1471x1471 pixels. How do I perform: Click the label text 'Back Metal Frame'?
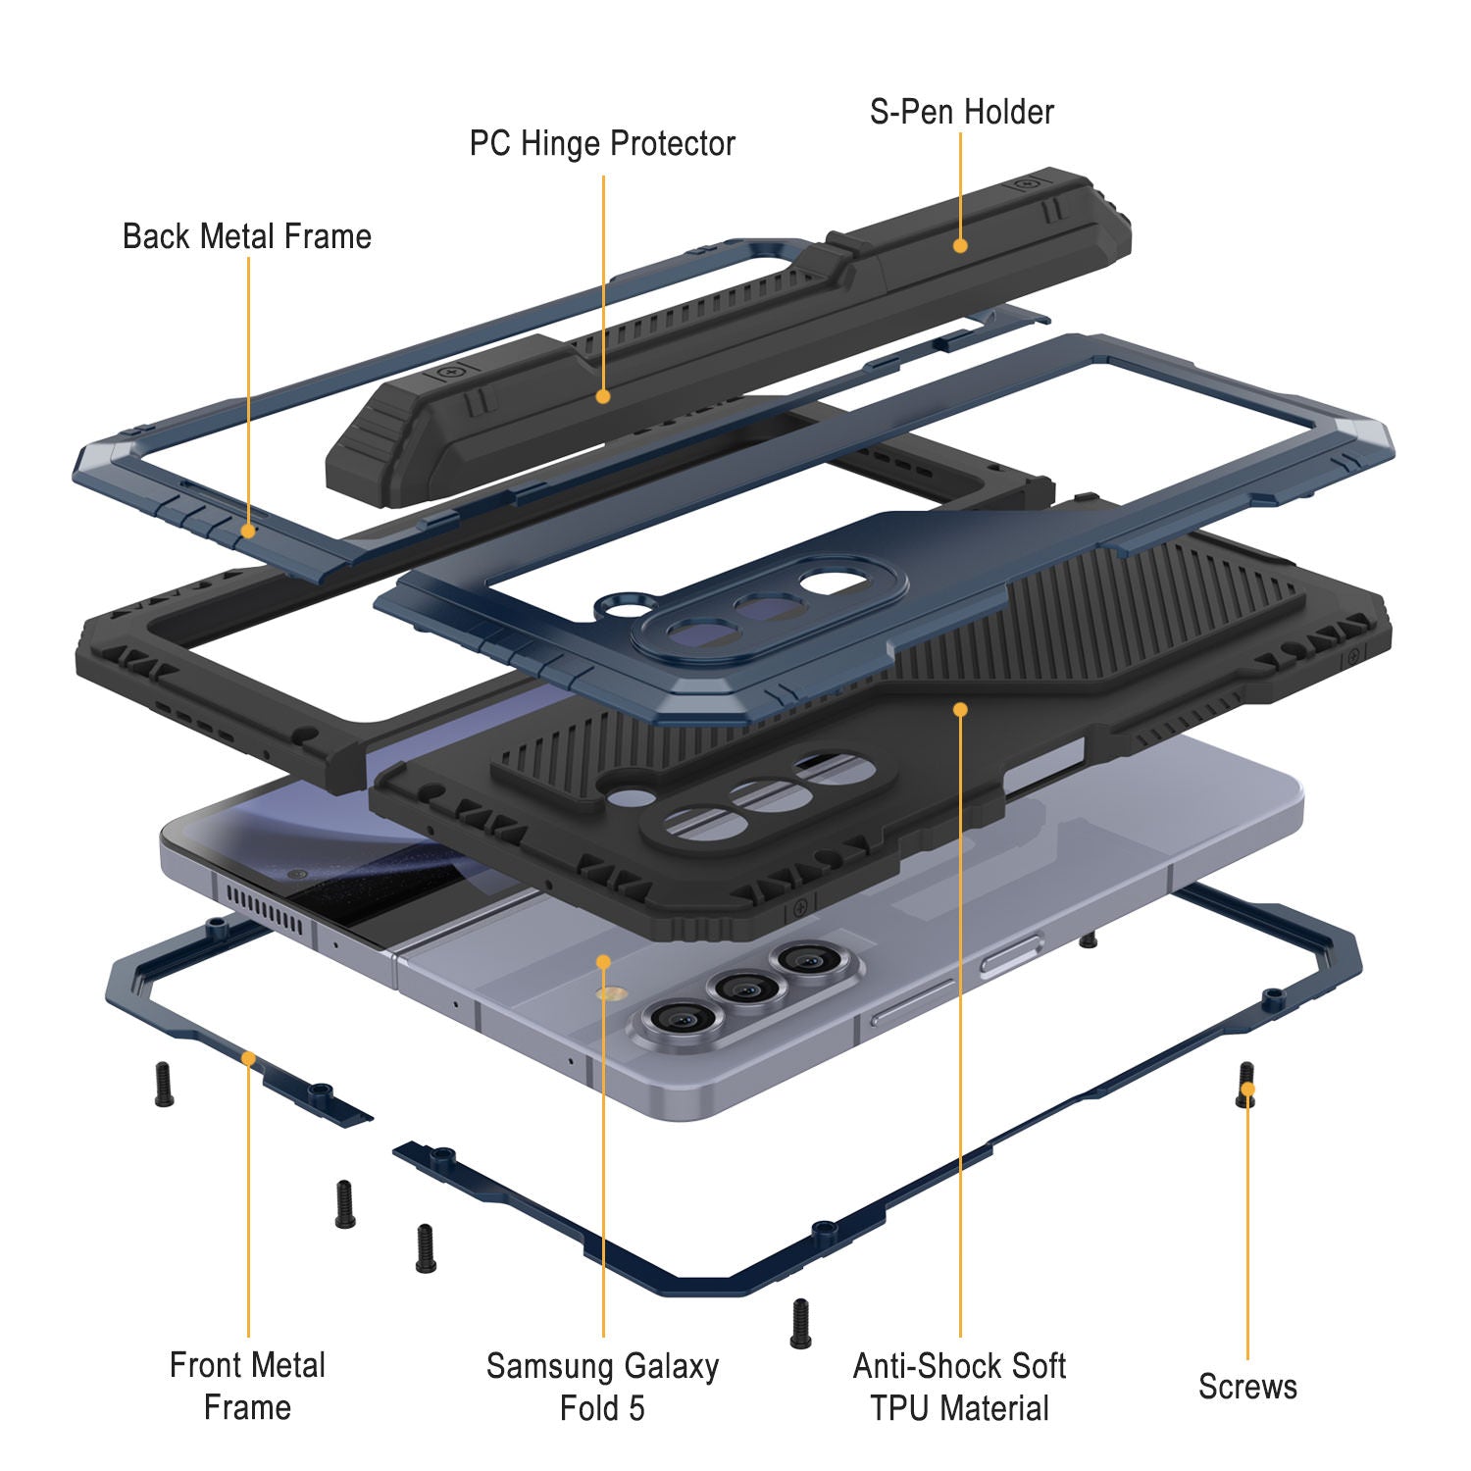tap(246, 236)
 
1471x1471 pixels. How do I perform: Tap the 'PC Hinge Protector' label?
tap(602, 143)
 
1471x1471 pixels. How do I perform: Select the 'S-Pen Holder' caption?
tap(961, 112)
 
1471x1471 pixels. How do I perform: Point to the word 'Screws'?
tap(1247, 1387)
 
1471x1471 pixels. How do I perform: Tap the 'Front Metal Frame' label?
tap(247, 1386)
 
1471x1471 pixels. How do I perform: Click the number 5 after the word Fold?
tap(636, 1408)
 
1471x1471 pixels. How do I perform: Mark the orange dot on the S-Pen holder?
tap(960, 245)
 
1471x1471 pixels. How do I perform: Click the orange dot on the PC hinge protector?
tap(603, 396)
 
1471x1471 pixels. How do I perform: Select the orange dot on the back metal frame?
tap(248, 531)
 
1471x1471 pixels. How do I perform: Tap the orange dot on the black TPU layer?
tap(960, 708)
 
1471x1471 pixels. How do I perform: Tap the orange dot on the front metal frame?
tap(248, 1058)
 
